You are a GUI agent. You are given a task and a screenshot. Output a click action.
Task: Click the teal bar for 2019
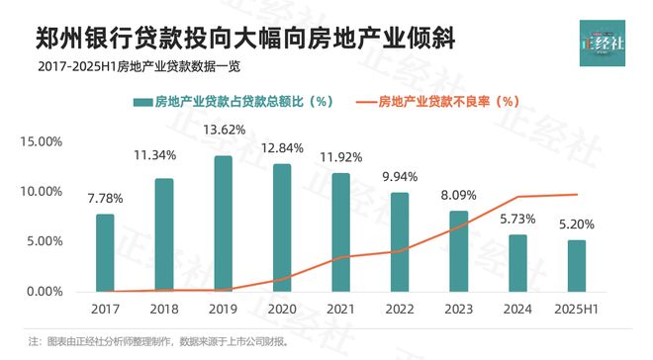click(224, 224)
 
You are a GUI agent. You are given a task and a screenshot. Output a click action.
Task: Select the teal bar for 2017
click(105, 252)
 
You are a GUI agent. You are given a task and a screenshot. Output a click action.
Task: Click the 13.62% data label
click(224, 130)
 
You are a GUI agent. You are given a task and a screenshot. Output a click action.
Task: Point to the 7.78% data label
click(105, 198)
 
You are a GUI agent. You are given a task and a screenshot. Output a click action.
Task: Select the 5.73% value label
click(518, 218)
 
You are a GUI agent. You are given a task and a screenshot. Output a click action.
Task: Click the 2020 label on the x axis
click(282, 310)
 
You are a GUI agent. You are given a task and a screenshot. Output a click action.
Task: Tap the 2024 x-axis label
click(518, 310)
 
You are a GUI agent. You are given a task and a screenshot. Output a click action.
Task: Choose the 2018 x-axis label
click(164, 310)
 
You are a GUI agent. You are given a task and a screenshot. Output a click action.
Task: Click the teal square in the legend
click(140, 101)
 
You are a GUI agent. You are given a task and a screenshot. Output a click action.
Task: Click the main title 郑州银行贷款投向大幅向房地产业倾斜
click(246, 38)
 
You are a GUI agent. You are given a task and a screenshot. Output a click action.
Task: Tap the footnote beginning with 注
click(158, 342)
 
